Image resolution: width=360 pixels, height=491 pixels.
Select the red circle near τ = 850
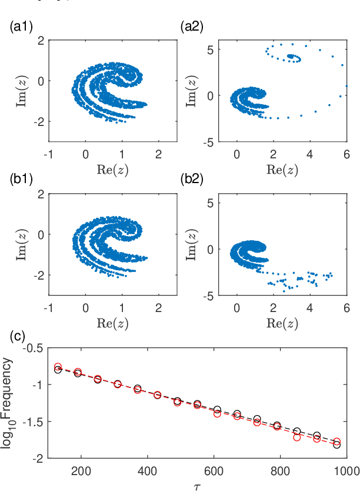(297, 437)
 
